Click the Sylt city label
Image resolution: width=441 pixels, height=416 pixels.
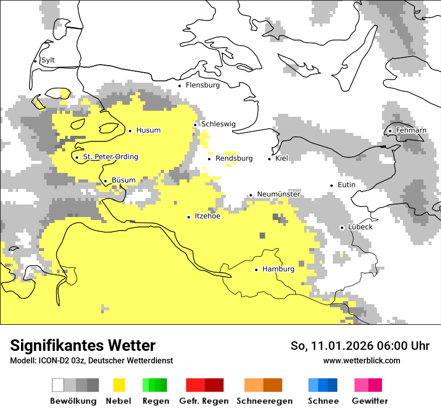click(x=48, y=60)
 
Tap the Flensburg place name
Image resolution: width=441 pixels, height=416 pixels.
click(x=202, y=85)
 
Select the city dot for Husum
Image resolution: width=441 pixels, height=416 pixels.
click(x=130, y=131)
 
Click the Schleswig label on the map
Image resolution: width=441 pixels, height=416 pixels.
click(x=218, y=124)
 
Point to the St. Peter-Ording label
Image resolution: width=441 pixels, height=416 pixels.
click(x=110, y=157)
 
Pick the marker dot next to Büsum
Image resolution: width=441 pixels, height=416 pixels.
click(x=105, y=181)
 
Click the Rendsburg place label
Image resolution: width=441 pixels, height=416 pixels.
click(x=234, y=158)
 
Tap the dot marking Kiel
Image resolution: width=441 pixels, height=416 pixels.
click(x=270, y=159)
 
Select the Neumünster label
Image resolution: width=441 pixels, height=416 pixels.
click(x=278, y=194)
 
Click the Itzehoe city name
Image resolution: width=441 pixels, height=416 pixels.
click(x=207, y=216)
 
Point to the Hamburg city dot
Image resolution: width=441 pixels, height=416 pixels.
click(x=256, y=270)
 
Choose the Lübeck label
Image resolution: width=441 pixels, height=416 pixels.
click(x=360, y=227)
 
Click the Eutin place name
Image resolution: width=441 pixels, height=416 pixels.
click(x=346, y=185)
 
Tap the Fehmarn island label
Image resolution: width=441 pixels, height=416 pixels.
click(x=411, y=130)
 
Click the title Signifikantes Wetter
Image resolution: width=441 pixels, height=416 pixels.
click(x=83, y=345)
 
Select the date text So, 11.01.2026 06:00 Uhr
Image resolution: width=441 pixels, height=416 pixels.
click(x=360, y=346)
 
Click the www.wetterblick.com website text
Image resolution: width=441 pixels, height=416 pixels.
click(x=361, y=360)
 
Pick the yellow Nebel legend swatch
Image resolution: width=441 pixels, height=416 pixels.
click(x=119, y=385)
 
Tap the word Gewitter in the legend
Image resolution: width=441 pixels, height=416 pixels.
click(x=369, y=401)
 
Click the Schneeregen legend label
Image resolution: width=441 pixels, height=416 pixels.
click(x=264, y=401)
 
